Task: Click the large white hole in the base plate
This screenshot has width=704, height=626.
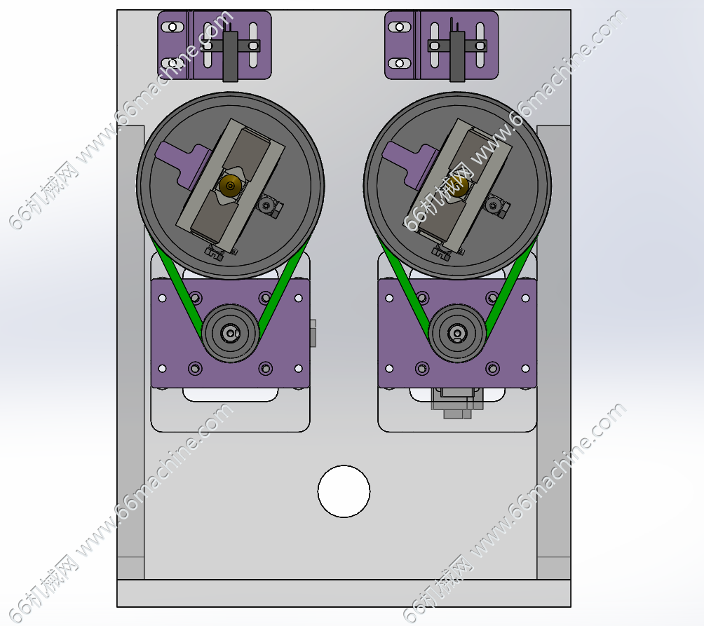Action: click(344, 491)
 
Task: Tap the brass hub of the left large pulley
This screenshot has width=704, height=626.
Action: click(230, 185)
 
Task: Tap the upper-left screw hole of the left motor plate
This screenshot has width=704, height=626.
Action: click(163, 298)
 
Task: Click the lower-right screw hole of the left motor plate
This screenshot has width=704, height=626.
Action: click(299, 369)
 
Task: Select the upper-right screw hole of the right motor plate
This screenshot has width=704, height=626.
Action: click(526, 298)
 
